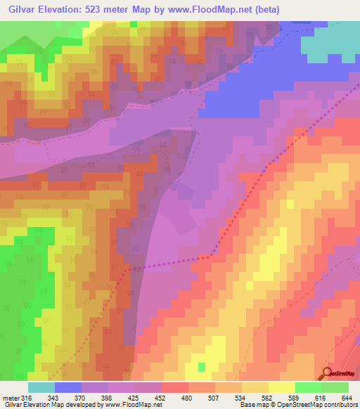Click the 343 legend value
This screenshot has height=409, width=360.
pyautogui.click(x=53, y=398)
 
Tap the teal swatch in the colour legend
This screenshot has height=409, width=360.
pyautogui.click(x=41, y=387)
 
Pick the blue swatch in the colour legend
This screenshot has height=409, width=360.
pyautogui.click(x=67, y=387)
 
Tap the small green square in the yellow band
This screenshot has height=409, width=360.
pyautogui.click(x=202, y=367)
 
